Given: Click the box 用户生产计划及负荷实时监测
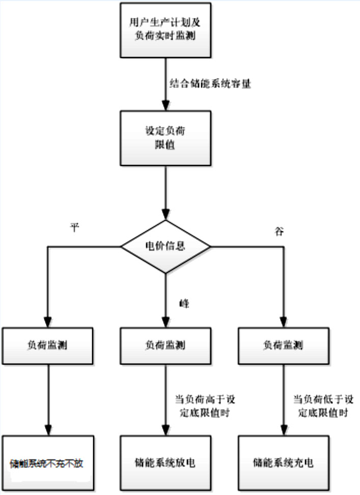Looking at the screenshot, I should click(164, 29).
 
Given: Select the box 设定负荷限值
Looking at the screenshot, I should click(164, 137).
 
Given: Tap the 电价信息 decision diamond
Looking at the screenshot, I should click(164, 247).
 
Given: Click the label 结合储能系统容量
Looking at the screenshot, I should click(209, 84).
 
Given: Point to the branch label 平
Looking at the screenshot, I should click(75, 228).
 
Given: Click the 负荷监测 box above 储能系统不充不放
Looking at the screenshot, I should click(49, 345).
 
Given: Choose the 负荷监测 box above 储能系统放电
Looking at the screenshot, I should click(164, 345).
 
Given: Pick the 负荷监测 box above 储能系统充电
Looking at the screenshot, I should click(283, 345).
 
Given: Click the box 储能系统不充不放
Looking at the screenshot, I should click(49, 463).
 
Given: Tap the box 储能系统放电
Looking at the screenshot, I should click(164, 463).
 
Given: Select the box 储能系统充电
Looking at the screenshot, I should click(283, 463).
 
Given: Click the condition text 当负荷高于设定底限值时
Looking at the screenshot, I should click(202, 405).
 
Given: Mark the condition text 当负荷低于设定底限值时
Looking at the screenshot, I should click(321, 405).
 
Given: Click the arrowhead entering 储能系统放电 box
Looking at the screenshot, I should click(164, 430).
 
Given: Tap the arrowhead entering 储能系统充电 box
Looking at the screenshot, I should click(283, 430).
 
